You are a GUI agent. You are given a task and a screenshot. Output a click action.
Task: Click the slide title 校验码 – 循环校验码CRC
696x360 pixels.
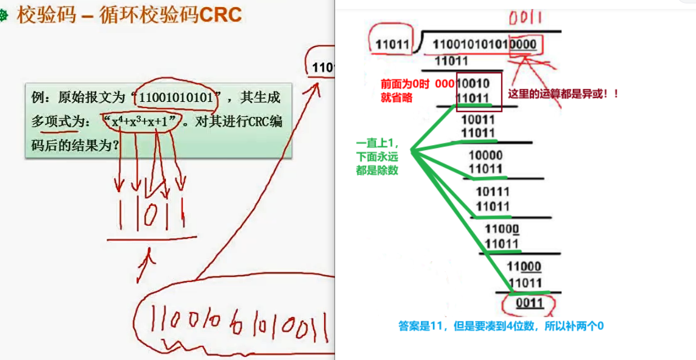coord(129,15)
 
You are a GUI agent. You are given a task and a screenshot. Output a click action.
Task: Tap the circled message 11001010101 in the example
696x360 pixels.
coord(177,97)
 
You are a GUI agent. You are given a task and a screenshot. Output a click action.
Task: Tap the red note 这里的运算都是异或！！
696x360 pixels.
coord(562,94)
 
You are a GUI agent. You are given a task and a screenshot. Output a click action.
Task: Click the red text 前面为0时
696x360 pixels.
coord(405,83)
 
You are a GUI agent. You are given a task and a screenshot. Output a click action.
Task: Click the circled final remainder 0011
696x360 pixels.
coord(530,304)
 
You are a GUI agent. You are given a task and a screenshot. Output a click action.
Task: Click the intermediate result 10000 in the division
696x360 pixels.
coord(485,155)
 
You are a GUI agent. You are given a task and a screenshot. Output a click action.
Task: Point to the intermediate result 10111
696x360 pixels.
coord(492,193)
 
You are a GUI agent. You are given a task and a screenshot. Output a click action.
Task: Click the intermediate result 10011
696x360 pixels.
coord(478,119)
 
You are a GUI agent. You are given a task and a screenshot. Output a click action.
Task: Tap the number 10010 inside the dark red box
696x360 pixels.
coord(473,83)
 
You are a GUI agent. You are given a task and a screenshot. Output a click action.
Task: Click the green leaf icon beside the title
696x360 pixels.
coord(4,16)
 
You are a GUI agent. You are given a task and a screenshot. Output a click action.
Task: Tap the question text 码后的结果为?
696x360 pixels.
coord(75,145)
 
